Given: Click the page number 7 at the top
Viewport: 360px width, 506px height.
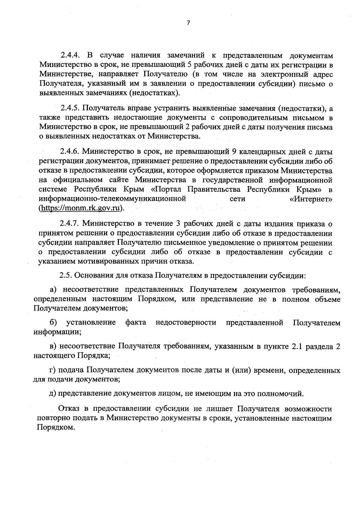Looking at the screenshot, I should click(x=188, y=23).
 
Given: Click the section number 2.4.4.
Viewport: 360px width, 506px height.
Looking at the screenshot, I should click(x=70, y=56).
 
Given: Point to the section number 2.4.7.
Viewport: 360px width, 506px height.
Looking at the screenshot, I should click(x=70, y=224).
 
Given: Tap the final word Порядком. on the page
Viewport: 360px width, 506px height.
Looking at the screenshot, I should click(x=55, y=428).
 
